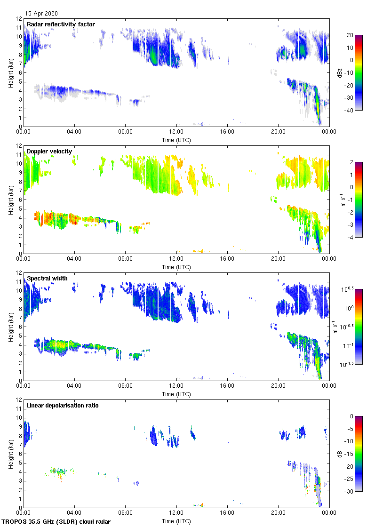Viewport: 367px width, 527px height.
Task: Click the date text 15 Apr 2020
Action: [x=41, y=14]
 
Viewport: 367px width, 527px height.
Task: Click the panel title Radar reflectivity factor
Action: [x=61, y=24]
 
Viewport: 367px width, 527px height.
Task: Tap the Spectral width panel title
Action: [x=47, y=279]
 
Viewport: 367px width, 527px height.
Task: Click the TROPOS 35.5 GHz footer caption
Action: [x=56, y=522]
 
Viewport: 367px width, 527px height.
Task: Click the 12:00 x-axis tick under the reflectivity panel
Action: [x=176, y=133]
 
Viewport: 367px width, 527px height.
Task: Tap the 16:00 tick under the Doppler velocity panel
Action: [x=227, y=260]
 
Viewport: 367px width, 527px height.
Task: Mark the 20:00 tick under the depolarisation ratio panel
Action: [x=278, y=514]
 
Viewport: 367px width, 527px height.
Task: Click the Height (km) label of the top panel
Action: [x=10, y=72]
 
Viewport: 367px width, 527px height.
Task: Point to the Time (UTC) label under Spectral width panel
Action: [x=176, y=394]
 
